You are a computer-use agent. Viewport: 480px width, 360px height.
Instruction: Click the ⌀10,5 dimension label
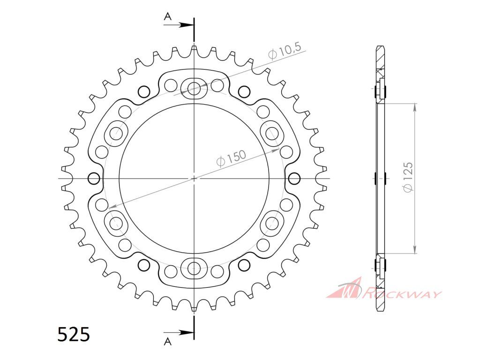pos(285,51)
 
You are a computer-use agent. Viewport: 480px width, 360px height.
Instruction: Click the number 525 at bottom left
pos(74,334)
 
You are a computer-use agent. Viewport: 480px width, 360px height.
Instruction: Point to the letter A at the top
pos(167,16)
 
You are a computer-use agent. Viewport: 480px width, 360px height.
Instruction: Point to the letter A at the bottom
pos(167,341)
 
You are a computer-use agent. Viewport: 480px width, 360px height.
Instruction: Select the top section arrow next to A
pos(179,25)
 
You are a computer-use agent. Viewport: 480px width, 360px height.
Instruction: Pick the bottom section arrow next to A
pos(179,332)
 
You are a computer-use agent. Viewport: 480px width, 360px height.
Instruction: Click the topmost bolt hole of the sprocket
pos(194,89)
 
